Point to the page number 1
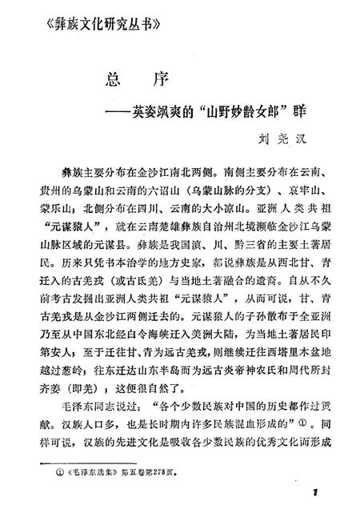317,491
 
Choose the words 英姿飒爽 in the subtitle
141,109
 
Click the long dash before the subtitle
101,109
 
